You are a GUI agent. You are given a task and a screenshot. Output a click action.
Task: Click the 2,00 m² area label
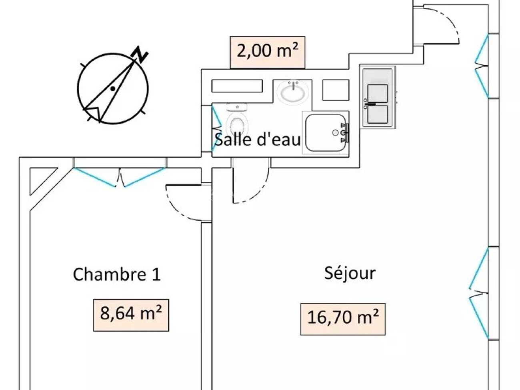[267, 52]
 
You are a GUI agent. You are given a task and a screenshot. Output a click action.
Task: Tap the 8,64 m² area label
[131, 315]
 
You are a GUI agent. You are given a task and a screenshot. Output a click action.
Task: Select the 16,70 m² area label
[343, 318]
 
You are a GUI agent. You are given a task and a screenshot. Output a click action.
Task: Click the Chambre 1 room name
[116, 275]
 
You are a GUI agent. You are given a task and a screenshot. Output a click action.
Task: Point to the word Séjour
[350, 273]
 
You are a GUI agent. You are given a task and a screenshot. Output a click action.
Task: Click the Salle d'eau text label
[257, 140]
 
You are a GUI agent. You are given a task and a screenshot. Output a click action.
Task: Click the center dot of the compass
[113, 88]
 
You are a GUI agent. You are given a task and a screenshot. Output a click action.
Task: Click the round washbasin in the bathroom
[294, 92]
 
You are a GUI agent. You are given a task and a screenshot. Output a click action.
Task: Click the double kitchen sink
[378, 103]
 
